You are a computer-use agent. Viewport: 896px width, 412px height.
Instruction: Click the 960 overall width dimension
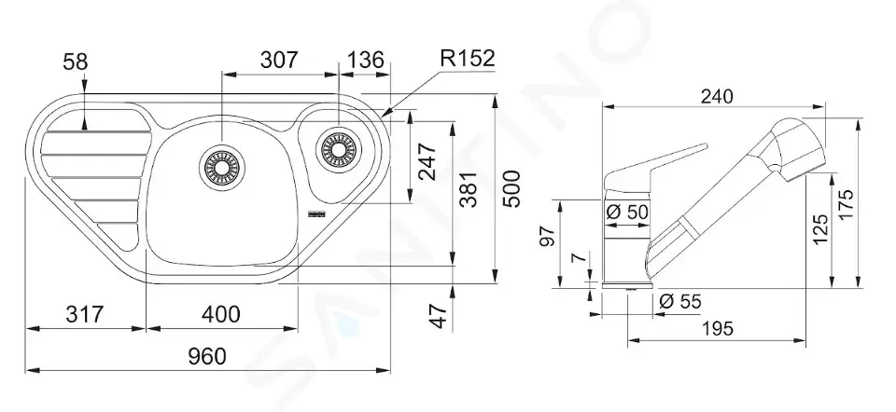[207, 356]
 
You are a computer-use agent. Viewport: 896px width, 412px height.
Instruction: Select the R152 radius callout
[468, 58]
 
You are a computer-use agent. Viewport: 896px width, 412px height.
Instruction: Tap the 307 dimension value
[279, 60]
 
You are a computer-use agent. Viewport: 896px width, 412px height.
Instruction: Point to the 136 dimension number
[366, 60]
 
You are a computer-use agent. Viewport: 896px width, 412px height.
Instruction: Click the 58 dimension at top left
[76, 62]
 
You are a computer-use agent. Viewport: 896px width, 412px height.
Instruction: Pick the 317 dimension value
[84, 314]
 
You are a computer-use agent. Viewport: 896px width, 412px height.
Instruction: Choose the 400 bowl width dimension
[221, 314]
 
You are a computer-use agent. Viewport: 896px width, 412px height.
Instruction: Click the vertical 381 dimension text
[468, 189]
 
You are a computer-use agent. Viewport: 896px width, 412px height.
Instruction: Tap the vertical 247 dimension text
[427, 161]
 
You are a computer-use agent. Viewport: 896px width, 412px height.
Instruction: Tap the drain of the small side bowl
[337, 148]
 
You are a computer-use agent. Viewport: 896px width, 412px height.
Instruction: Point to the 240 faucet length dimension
[717, 96]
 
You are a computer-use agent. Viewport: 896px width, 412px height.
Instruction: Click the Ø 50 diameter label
[626, 213]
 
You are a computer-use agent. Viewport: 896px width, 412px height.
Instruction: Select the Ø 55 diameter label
[679, 301]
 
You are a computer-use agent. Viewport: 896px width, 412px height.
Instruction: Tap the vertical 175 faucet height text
[847, 204]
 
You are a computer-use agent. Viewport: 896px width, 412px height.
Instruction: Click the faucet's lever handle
[657, 169]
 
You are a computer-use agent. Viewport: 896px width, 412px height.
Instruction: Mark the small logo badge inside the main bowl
[316, 214]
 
